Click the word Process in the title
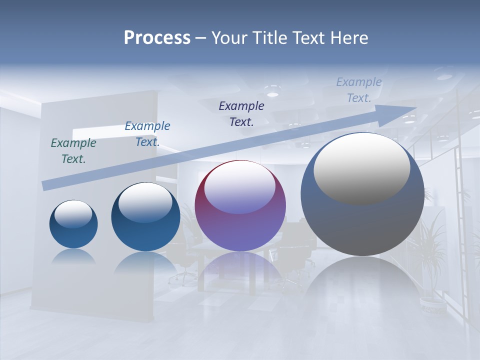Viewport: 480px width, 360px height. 157,38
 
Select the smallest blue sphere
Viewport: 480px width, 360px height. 73,224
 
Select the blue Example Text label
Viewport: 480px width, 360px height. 147,134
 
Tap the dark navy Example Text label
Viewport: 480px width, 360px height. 241,114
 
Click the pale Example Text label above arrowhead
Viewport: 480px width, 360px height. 358,90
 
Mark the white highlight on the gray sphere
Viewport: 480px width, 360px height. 361,167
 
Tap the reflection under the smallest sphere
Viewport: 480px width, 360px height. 73,256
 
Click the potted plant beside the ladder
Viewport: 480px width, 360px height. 430,260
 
